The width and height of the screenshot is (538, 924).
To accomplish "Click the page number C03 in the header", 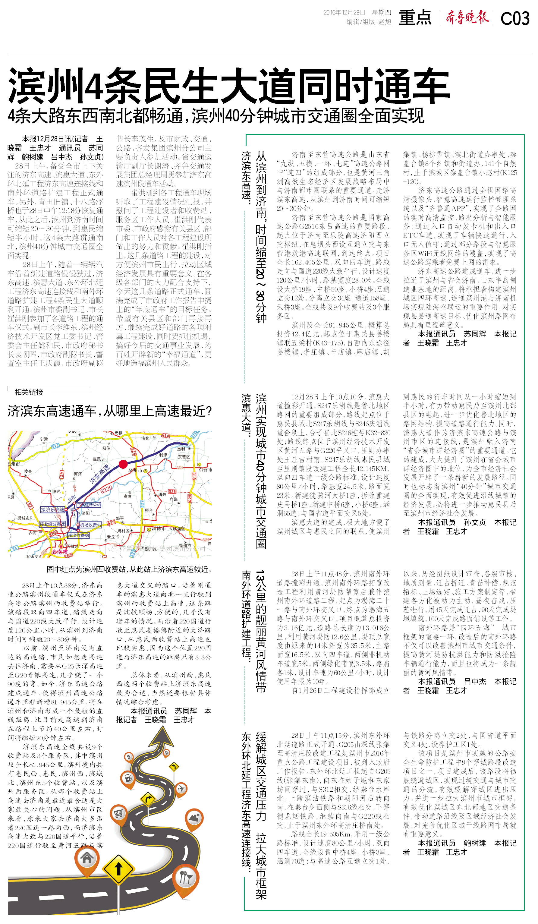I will pyautogui.click(x=514, y=18).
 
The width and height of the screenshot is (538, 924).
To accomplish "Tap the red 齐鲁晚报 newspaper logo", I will pyautogui.click(x=467, y=17).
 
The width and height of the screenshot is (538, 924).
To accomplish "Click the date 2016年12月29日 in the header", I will pyautogui.click(x=344, y=12).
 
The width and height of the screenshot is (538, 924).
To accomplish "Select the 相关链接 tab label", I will pyautogui.click(x=29, y=392).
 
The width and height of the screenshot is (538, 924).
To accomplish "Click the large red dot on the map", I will pyautogui.click(x=123, y=464).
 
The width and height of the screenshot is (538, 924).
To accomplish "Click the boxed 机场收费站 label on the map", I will pyautogui.click(x=90, y=525).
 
